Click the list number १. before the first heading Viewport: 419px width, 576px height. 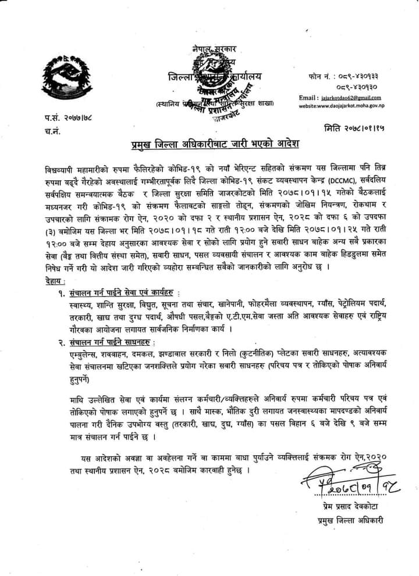click(61, 291)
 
